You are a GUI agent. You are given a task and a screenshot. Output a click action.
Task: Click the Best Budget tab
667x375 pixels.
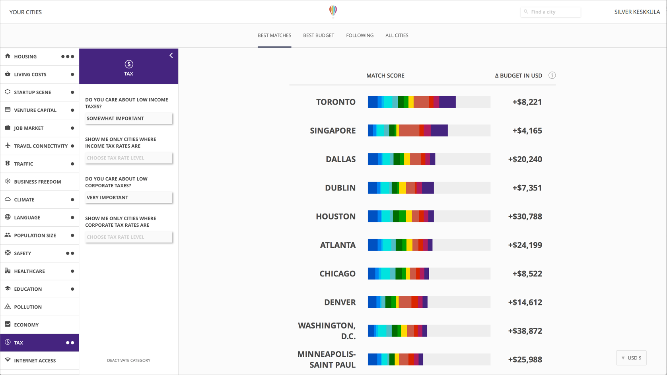pyautogui.click(x=319, y=35)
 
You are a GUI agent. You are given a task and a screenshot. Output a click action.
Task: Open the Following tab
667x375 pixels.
pyautogui.click(x=360, y=35)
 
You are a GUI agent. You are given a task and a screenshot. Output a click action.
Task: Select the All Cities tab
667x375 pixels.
pyautogui.click(x=397, y=35)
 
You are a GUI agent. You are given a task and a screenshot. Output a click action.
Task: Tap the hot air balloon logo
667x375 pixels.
pyautogui.click(x=333, y=12)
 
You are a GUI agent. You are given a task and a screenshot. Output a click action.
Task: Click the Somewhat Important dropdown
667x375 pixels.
pyautogui.click(x=128, y=119)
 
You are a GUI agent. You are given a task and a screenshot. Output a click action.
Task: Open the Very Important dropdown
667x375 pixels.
pyautogui.click(x=128, y=198)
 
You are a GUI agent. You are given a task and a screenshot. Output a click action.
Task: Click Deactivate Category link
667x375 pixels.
pyautogui.click(x=128, y=360)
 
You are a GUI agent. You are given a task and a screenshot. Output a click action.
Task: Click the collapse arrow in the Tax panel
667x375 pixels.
pyautogui.click(x=171, y=56)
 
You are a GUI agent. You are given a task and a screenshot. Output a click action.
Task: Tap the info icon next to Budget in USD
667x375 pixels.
pyautogui.click(x=552, y=76)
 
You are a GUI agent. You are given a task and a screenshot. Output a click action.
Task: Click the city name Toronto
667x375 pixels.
pyautogui.click(x=336, y=102)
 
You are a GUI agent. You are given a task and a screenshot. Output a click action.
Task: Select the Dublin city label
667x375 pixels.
pyautogui.click(x=340, y=188)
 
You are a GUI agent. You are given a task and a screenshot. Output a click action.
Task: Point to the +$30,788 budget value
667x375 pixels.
pyautogui.click(x=525, y=217)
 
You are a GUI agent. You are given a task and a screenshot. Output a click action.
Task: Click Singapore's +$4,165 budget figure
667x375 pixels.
pyautogui.click(x=527, y=131)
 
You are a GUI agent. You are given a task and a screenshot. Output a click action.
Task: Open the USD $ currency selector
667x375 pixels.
pyautogui.click(x=631, y=358)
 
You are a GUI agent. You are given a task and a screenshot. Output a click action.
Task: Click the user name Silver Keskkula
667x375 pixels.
pyautogui.click(x=637, y=12)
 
